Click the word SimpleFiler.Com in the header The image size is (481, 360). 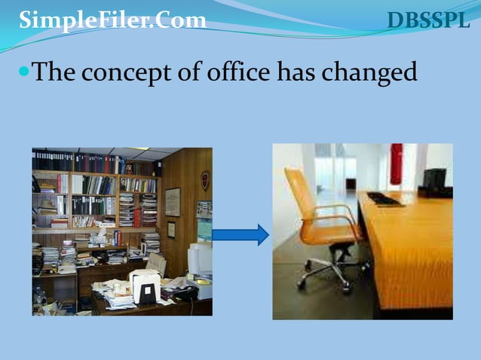112,20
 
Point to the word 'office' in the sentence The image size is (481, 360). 235,72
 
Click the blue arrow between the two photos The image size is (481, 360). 240,235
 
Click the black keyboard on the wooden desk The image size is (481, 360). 384,199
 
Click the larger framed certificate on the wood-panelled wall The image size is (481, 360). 173,201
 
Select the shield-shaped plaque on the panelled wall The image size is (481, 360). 204,180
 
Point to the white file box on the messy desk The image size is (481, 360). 146,285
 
